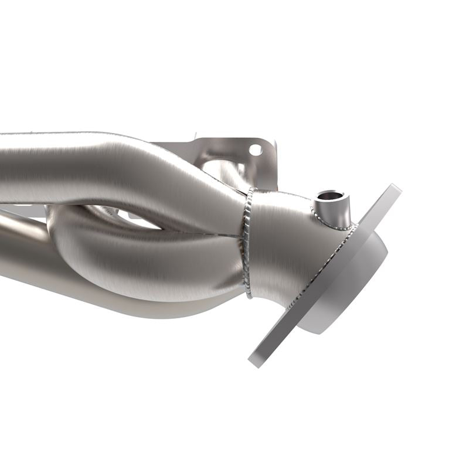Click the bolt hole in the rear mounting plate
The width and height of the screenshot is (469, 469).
(x=256, y=150)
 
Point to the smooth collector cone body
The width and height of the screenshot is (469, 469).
(x=281, y=246)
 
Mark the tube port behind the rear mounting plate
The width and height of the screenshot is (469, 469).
(x=223, y=170)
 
